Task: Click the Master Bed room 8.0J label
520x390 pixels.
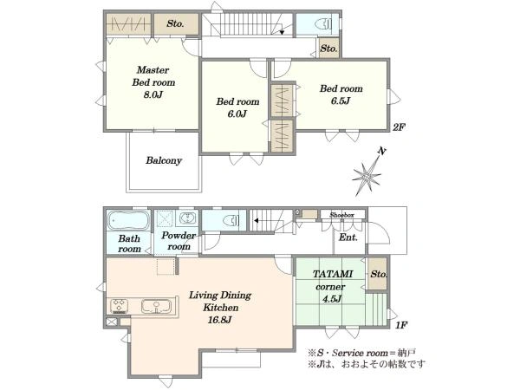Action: point(153,82)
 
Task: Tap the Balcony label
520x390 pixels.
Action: point(164,160)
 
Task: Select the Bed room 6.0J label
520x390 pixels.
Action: point(237,107)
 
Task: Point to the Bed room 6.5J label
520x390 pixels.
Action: point(341,94)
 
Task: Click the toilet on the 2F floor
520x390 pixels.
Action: point(323,24)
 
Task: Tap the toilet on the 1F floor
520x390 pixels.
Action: point(231,220)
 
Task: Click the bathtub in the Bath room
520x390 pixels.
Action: point(128,220)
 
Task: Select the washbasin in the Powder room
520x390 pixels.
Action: point(188,218)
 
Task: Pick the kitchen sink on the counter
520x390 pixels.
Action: point(156,306)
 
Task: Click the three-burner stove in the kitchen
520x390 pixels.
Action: point(120,306)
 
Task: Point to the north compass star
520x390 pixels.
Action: point(367,175)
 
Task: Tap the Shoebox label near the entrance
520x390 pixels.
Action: point(341,215)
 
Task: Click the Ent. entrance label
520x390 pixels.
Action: point(348,237)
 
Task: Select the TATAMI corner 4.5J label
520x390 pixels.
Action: point(332,286)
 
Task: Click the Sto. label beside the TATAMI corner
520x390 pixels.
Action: point(379,274)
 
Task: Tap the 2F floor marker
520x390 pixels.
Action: point(399,127)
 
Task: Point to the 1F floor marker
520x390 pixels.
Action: point(401,325)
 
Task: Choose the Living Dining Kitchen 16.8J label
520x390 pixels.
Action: point(220,308)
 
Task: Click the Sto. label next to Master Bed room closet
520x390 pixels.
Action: point(175,23)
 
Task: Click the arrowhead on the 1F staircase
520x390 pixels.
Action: point(256,220)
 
